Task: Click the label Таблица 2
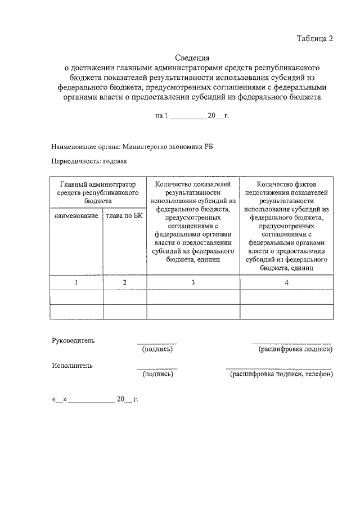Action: point(316,39)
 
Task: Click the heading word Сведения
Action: point(192,57)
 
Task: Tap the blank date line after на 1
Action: point(188,116)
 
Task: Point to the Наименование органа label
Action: point(84,147)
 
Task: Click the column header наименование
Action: point(76,216)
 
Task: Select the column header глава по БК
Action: point(124,216)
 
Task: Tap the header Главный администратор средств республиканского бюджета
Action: point(98,192)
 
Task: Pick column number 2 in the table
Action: point(124,282)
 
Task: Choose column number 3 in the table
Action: point(193,282)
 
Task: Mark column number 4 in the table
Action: point(287,282)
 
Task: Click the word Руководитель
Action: point(73,341)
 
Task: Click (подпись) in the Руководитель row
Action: point(157,349)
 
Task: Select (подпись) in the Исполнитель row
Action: point(157,373)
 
